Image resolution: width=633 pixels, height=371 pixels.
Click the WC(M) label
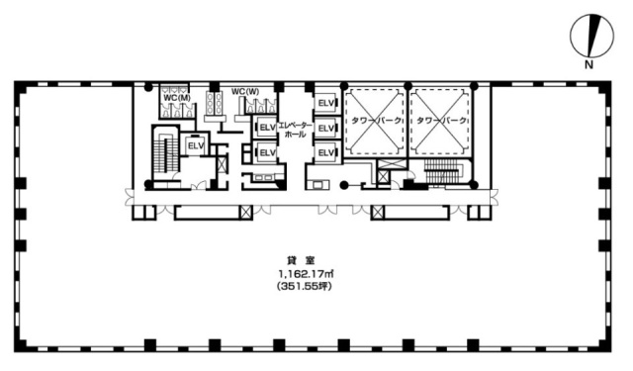177,97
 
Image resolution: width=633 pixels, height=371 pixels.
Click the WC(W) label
245,92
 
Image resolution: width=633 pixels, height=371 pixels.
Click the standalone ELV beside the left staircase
195,144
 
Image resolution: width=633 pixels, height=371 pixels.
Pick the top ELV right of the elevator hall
325,103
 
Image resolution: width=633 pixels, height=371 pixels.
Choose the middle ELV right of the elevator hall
325,128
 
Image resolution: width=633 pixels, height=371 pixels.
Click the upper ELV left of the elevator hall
266,128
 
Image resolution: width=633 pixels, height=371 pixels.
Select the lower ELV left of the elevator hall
266,151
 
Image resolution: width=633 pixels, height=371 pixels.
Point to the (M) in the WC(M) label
184,97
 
